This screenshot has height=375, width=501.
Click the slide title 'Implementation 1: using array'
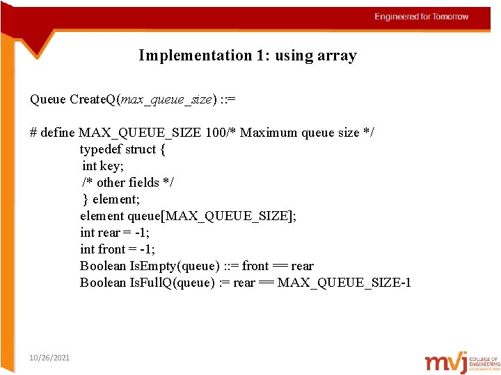click(247, 56)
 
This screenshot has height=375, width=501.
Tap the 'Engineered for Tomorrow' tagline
click(421, 17)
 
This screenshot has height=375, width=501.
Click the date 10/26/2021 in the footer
click(49, 357)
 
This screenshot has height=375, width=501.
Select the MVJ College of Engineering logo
click(462, 362)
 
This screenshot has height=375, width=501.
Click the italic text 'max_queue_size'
click(167, 99)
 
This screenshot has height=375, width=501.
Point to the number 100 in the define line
click(216, 133)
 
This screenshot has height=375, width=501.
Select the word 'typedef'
click(101, 149)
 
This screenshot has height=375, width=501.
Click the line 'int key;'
click(103, 166)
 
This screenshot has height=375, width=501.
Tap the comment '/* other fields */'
click(129, 183)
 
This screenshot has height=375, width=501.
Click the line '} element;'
click(110, 199)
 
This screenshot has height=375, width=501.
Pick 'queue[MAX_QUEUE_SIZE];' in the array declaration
click(212, 216)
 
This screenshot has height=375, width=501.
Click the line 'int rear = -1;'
click(117, 233)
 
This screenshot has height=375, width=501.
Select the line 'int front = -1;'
click(118, 249)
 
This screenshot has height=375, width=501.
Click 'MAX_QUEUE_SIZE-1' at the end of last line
click(344, 283)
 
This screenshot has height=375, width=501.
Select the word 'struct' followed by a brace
click(141, 149)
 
